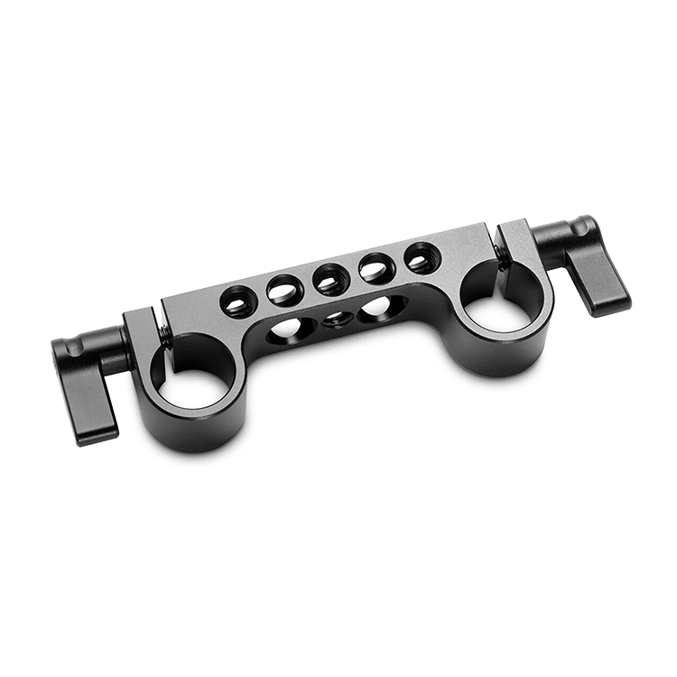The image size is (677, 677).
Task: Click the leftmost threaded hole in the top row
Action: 238,301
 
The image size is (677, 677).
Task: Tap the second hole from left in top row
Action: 284,291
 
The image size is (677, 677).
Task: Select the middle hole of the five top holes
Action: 331,280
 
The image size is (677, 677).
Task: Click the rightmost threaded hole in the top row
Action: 422,258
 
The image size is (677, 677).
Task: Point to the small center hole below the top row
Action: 337,318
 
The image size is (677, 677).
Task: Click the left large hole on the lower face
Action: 291,327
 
